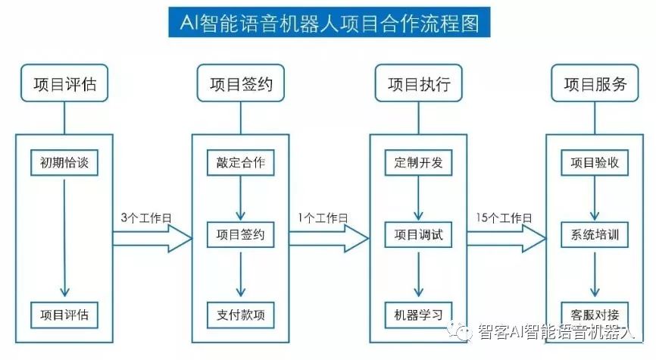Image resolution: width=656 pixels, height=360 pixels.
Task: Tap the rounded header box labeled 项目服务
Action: pyautogui.click(x=595, y=84)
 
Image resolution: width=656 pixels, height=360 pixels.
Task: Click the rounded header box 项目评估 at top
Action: pyautogui.click(x=64, y=84)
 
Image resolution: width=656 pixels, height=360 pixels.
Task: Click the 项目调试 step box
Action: pyautogui.click(x=418, y=235)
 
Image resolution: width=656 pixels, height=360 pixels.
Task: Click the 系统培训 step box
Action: pyautogui.click(x=595, y=235)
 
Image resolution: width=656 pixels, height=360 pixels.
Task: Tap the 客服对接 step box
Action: pyautogui.click(x=595, y=313)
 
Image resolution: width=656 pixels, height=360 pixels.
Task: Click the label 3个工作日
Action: pyautogui.click(x=146, y=218)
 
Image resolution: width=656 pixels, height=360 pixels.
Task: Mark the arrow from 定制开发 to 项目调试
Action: pyautogui.click(x=418, y=199)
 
